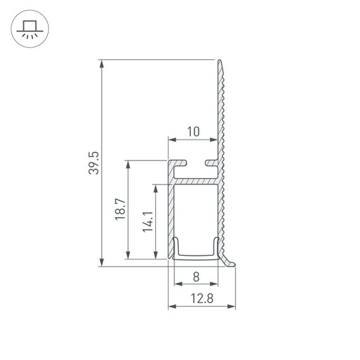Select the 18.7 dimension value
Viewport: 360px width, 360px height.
tap(120, 210)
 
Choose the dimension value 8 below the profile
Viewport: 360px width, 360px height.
tap(196, 276)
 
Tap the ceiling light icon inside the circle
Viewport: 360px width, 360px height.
tap(29, 29)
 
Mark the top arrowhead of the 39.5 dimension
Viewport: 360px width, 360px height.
tap(101, 64)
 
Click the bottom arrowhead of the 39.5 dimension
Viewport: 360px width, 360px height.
tap(101, 262)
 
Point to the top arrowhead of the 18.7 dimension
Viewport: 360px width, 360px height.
tap(128, 164)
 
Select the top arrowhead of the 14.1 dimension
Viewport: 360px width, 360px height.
tap(155, 188)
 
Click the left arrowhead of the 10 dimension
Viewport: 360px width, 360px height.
tap(171, 139)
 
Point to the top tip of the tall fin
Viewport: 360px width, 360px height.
tap(220, 61)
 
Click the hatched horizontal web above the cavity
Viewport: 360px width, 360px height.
tap(196, 181)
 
